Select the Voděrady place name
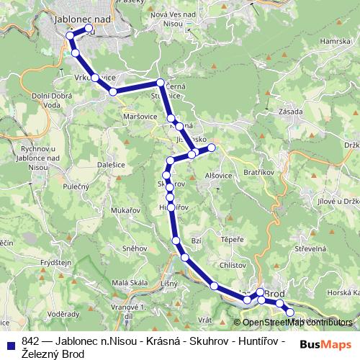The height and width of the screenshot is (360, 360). pyautogui.click(x=64, y=314)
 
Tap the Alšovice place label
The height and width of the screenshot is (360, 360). pyautogui.click(x=218, y=175)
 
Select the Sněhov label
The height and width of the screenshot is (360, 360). pyautogui.click(x=135, y=247)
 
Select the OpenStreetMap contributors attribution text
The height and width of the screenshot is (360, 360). pyautogui.click(x=296, y=323)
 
